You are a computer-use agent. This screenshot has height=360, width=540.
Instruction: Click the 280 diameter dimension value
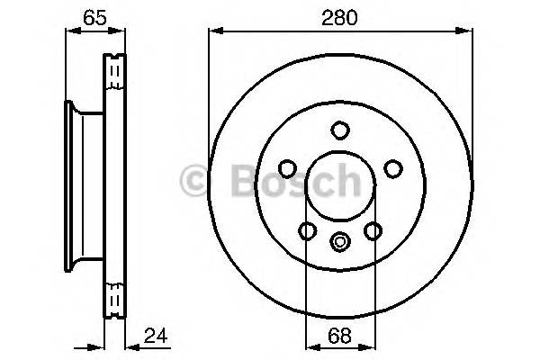click(x=340, y=15)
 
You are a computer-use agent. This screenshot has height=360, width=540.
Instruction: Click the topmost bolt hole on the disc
click(x=340, y=130)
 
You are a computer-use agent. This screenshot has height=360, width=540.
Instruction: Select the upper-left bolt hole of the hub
click(x=287, y=168)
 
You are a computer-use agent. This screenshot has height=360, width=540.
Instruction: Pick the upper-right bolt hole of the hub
click(x=393, y=168)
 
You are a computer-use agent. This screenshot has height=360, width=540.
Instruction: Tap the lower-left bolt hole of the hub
click(x=308, y=231)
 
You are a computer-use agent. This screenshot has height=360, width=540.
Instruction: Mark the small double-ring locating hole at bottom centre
click(x=340, y=241)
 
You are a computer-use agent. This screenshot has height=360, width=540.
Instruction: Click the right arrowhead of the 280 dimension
click(x=467, y=31)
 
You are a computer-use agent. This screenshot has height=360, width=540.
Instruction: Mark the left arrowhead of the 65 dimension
click(x=70, y=31)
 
